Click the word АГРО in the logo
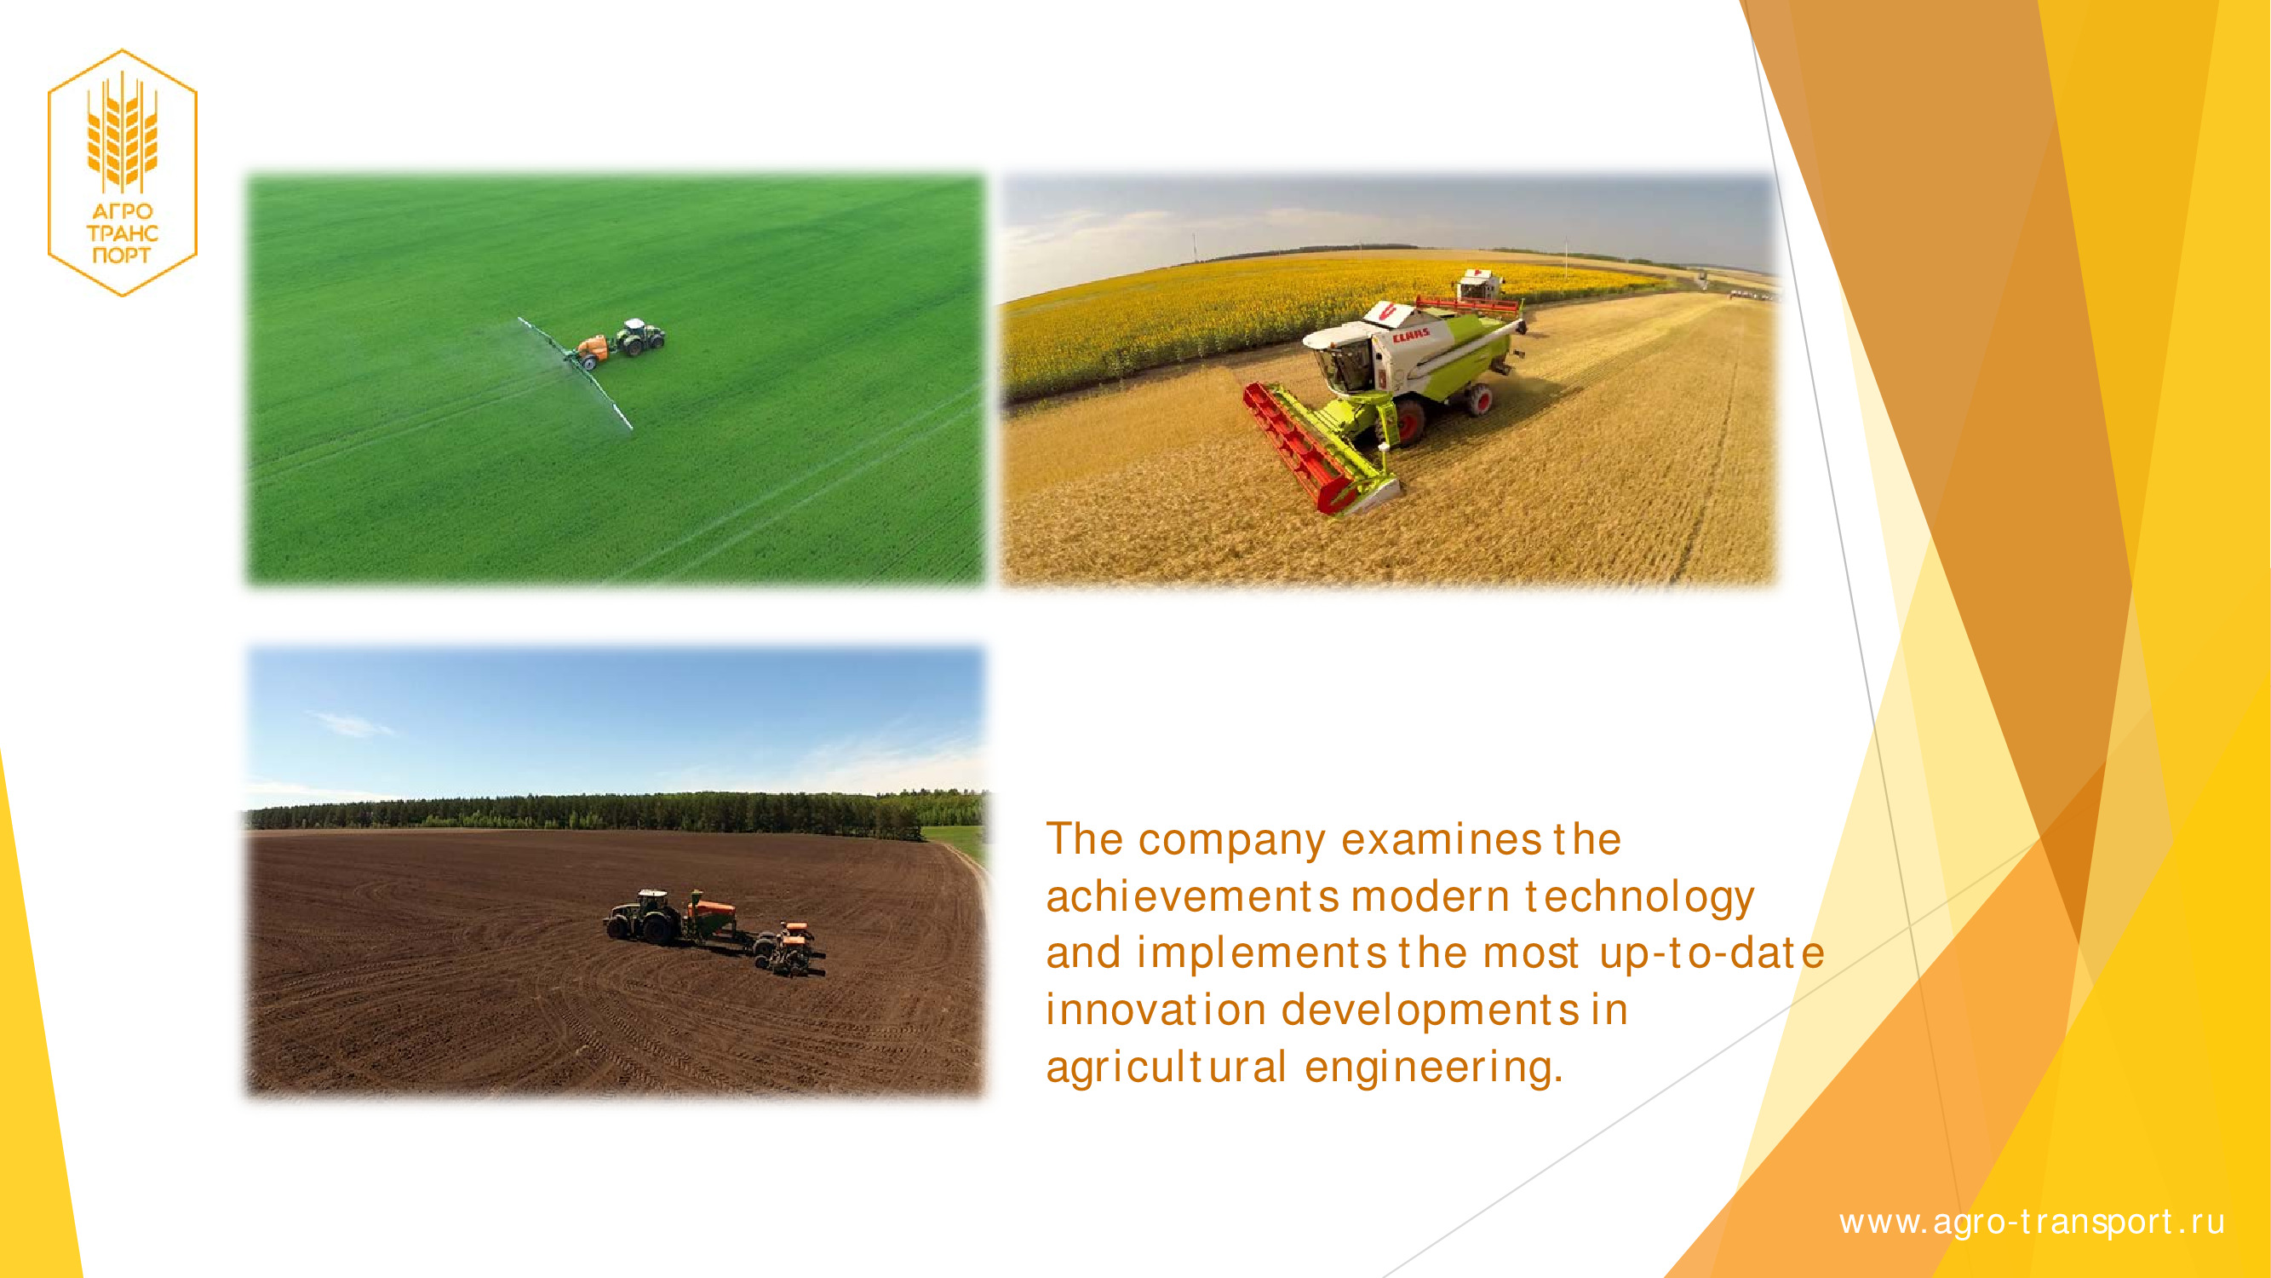pyautogui.click(x=123, y=210)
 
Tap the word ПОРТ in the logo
pyautogui.click(x=122, y=256)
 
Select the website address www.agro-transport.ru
pyautogui.click(x=2032, y=1223)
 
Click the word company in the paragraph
pyautogui.click(x=1231, y=841)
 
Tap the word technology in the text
pyautogui.click(x=1640, y=898)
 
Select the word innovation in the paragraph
pyautogui.click(x=1156, y=1010)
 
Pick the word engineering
pyautogui.click(x=1433, y=1068)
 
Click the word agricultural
pyautogui.click(x=1167, y=1068)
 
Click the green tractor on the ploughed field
pyautogui.click(x=644, y=917)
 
